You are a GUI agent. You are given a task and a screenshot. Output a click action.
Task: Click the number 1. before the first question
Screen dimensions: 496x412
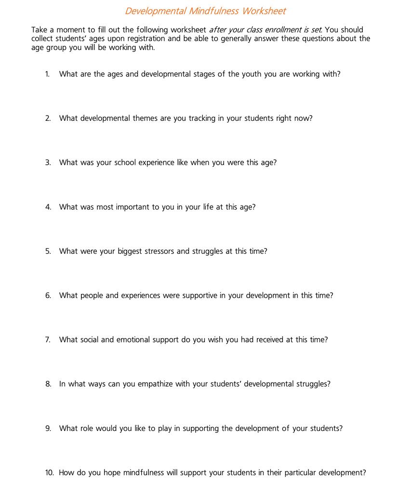click(47, 74)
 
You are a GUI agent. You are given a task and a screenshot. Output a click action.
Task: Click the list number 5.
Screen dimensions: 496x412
click(48, 251)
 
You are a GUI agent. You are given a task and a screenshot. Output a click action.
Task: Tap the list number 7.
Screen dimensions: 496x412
click(48, 340)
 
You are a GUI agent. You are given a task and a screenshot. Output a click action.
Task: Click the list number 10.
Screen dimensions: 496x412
click(49, 473)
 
